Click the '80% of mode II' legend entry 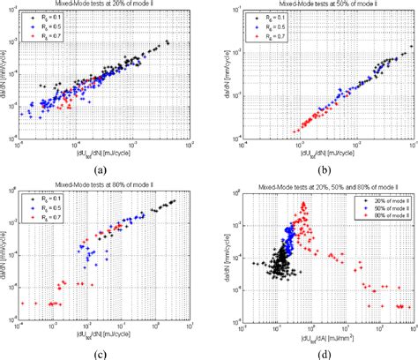tap(382, 218)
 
